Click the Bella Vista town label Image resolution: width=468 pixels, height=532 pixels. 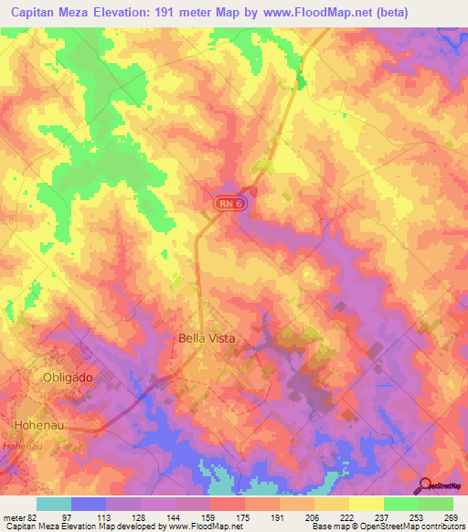coord(205,338)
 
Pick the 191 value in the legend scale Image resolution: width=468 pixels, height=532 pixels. coord(279,517)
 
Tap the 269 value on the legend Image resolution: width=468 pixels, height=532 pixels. coord(452,517)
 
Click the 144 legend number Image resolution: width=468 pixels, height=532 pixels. coord(175,517)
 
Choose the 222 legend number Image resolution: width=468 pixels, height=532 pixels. coord(348,517)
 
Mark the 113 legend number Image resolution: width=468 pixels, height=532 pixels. coord(105,517)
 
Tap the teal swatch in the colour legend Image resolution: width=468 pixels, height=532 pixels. coord(53,504)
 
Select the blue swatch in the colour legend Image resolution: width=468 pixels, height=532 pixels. coord(88,504)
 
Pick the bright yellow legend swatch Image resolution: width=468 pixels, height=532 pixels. coord(366,504)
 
